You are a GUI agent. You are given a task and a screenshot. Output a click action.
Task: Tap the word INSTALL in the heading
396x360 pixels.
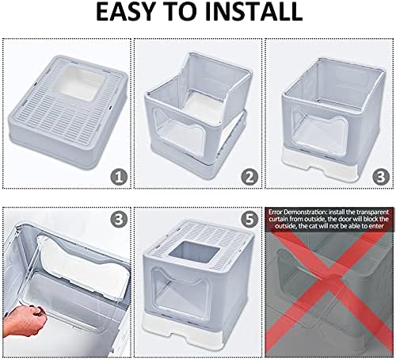coord(253,11)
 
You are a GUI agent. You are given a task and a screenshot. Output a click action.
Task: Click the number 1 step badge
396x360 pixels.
coord(119,177)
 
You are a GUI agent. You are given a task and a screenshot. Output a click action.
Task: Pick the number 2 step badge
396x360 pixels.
coord(249,177)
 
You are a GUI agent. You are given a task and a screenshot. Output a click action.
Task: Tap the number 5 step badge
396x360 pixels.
coord(249,219)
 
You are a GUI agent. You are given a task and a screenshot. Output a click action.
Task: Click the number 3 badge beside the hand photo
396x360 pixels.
coord(119,219)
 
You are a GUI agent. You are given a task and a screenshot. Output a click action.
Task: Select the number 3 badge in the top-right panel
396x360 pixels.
coord(381,177)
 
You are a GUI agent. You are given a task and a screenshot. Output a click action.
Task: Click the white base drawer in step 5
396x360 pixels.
coord(196,333)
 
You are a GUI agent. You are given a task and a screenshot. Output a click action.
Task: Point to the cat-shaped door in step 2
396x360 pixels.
coord(180,133)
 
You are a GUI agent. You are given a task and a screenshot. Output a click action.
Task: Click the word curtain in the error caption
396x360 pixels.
coord(279,219)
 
